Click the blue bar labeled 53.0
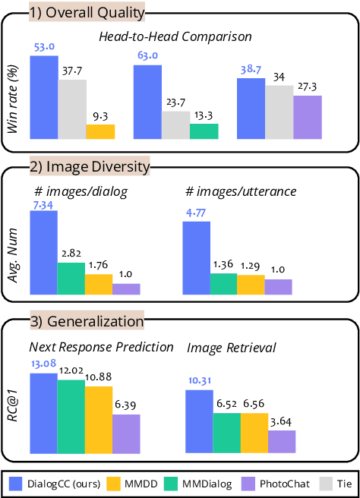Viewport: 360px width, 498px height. click(x=43, y=97)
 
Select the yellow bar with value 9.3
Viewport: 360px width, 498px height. click(x=100, y=131)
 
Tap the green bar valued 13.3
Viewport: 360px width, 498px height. click(x=204, y=131)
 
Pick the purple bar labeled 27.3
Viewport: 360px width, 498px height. click(x=308, y=117)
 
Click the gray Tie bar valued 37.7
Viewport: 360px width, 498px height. click(x=71, y=109)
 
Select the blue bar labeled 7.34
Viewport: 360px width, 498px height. click(x=43, y=252)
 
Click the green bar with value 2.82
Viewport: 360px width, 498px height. click(x=71, y=278)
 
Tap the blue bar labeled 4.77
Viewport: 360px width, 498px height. click(x=196, y=257)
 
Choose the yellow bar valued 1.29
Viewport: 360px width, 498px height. click(x=251, y=284)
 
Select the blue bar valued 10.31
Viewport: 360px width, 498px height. click(x=199, y=422)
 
